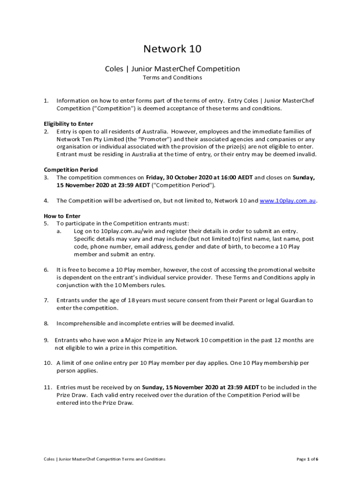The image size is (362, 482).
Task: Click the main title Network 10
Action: [172, 49]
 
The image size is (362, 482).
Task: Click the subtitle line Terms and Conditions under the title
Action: [172, 78]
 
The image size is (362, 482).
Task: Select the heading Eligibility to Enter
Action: [68, 124]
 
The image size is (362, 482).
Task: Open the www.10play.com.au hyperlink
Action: [288, 201]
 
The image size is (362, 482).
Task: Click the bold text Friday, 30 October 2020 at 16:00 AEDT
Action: [199, 177]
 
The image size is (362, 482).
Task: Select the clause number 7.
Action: [46, 300]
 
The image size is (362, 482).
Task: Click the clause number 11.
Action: [47, 387]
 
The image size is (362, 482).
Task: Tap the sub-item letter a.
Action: [59, 231]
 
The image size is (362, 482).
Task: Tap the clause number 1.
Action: [46, 101]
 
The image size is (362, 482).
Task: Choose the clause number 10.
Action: [47, 363]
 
